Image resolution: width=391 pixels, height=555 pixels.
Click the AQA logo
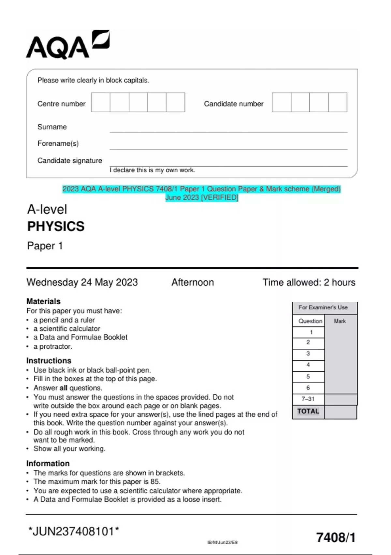click(x=67, y=45)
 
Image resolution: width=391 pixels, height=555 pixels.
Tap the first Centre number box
click(x=101, y=102)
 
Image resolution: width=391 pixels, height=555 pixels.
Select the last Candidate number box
click(x=338, y=102)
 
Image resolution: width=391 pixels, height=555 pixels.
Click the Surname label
click(x=52, y=127)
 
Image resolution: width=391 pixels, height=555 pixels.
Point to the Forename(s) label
click(x=58, y=143)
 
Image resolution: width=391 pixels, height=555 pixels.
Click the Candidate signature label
click(x=70, y=161)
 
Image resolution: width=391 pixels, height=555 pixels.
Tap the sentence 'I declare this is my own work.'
click(x=152, y=170)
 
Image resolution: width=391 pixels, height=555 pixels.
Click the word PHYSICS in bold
click(x=56, y=226)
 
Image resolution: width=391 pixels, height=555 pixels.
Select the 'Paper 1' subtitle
click(x=45, y=246)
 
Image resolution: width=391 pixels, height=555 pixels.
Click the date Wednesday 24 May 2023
click(x=82, y=282)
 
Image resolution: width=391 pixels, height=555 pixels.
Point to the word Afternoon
click(x=193, y=282)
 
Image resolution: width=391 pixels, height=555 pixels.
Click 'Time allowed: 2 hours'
click(x=309, y=282)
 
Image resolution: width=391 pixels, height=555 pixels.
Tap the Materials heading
click(x=43, y=301)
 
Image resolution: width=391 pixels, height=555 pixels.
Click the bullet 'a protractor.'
click(x=52, y=346)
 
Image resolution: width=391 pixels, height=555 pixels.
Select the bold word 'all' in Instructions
click(x=63, y=388)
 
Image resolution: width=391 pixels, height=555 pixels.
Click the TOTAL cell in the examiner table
click(x=308, y=411)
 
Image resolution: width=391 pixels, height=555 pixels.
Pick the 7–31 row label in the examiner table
click(x=308, y=399)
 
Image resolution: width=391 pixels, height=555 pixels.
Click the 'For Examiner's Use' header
click(x=323, y=308)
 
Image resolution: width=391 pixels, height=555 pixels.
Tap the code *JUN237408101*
click(x=74, y=531)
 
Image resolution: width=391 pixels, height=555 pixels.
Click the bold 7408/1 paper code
click(x=336, y=537)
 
